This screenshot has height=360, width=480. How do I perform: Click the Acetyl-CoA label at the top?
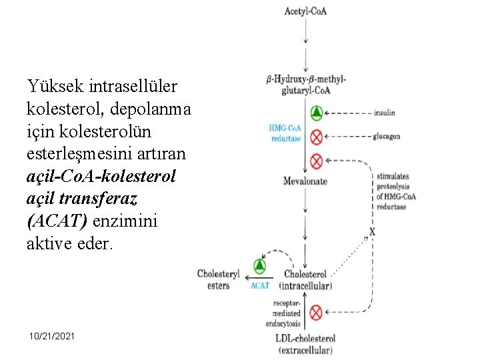click(305, 11)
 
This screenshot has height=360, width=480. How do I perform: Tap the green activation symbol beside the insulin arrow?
click(317, 113)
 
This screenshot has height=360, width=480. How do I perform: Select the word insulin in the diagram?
click(384, 113)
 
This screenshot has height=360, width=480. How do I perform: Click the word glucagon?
click(387, 137)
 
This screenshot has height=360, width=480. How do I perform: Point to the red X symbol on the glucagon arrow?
click(317, 137)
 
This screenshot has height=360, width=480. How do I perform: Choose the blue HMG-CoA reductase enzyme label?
click(285, 133)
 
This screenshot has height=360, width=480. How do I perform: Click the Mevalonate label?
click(305, 181)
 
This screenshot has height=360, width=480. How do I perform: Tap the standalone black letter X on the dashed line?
click(372, 233)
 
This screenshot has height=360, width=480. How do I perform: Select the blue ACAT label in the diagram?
click(260, 285)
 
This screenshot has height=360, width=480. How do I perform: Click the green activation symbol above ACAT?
click(259, 267)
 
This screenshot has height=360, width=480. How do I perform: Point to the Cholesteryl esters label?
click(218, 279)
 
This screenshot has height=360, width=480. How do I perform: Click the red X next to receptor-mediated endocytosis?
click(317, 312)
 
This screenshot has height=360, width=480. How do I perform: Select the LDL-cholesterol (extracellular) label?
click(305, 344)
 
